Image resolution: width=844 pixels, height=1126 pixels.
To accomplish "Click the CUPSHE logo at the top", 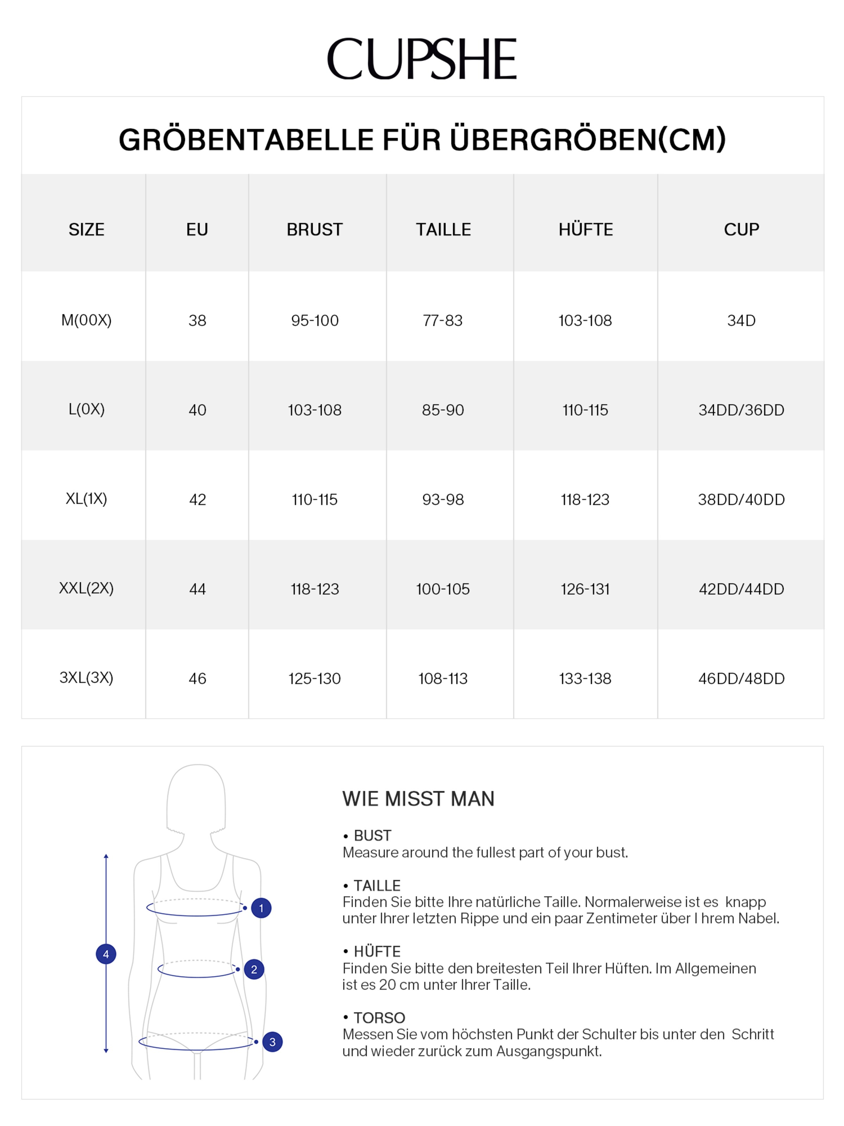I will pos(422,59).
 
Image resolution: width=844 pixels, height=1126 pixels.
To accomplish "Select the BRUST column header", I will pos(314,229).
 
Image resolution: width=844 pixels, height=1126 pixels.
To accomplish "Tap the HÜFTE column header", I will pos(586,229).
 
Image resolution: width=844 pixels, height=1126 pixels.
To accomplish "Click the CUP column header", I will pos(741,229).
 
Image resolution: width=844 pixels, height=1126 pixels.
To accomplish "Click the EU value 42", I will pos(197,499).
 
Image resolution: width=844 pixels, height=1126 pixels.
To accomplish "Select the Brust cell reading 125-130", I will pos(314,678).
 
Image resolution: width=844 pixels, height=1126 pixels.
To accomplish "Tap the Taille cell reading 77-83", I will pos(443,321).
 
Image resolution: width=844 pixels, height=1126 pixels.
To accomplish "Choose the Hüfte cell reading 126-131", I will pos(585,589).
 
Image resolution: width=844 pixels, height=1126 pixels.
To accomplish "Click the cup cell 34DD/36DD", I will pos(741,410).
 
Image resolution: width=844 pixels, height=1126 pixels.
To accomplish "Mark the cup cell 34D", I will pos(741,321).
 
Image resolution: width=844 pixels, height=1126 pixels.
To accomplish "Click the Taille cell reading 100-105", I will pos(443,589).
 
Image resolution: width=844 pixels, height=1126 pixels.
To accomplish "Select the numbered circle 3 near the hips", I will pos(272,1042).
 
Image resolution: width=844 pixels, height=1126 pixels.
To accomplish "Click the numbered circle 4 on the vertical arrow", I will pos(106,954).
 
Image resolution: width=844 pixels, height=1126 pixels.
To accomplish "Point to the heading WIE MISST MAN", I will pos(418,799).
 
